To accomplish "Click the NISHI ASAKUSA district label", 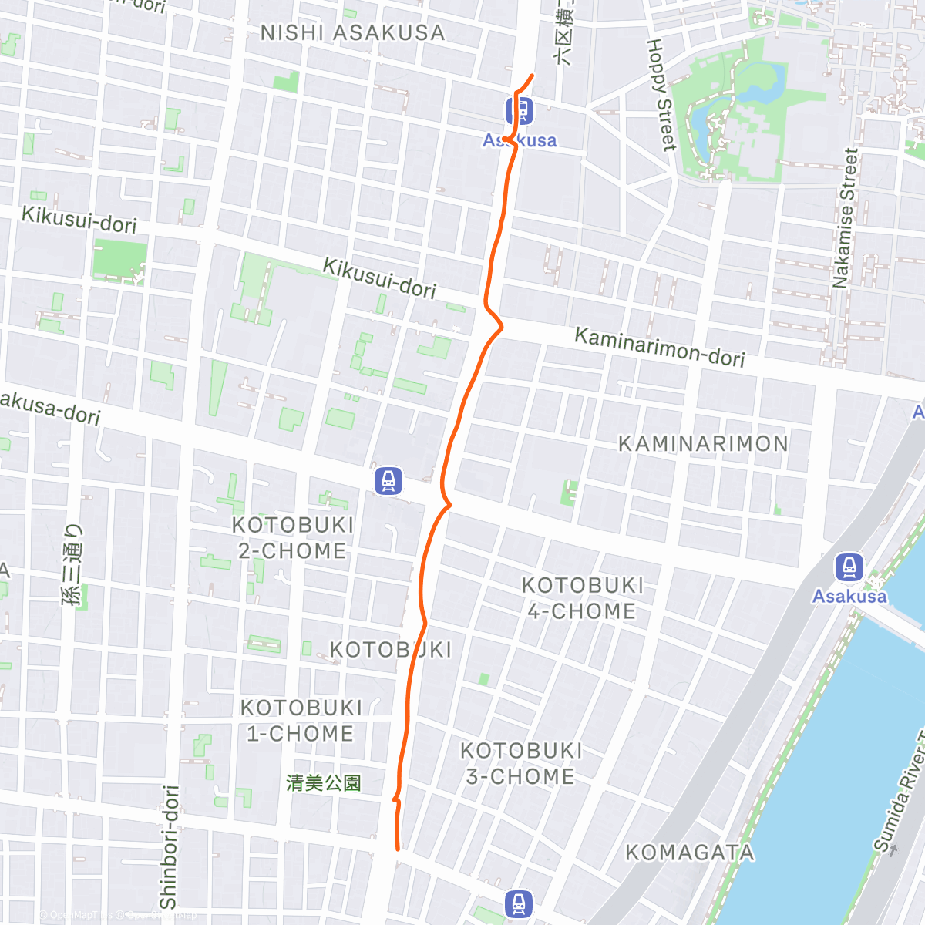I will (352, 33).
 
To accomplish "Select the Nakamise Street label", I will (845, 218).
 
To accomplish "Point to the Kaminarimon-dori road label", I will (660, 348).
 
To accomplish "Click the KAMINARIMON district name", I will (704, 444).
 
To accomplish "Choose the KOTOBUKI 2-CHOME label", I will (293, 538).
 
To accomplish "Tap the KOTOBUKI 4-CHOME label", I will (582, 598).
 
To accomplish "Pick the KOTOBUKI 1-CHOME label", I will (301, 721).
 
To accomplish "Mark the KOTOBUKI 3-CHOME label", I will (521, 763).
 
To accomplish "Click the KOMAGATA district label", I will (690, 853).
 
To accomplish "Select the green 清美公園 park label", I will (324, 783).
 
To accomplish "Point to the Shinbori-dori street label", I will (169, 846).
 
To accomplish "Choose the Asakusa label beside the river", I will (849, 596).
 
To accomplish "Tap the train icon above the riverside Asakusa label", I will (849, 567).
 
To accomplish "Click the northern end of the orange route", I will (533, 75).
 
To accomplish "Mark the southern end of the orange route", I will (398, 849).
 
